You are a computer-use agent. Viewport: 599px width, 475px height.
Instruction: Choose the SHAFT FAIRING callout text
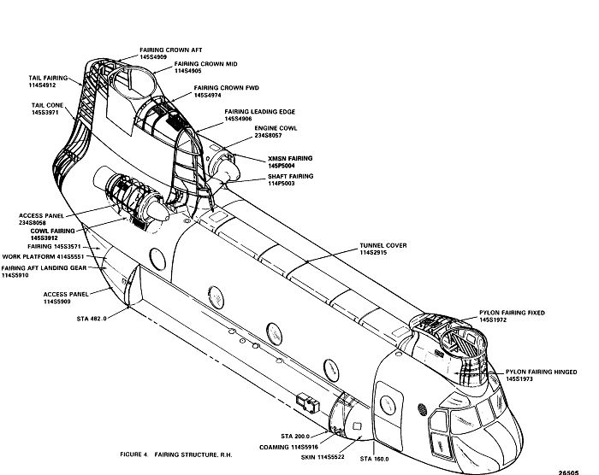266,175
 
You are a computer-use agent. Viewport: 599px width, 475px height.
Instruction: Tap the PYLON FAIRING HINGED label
540,372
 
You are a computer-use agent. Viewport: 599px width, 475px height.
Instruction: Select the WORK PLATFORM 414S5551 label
41,256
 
